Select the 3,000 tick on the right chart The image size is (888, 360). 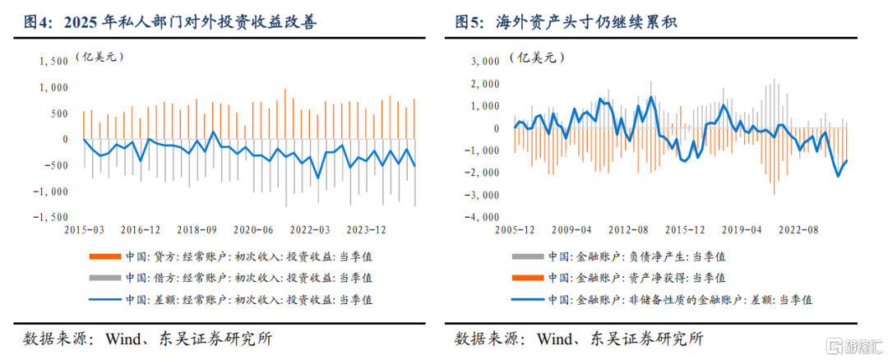tap(485, 61)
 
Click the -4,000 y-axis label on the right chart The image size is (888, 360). tap(482, 217)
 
